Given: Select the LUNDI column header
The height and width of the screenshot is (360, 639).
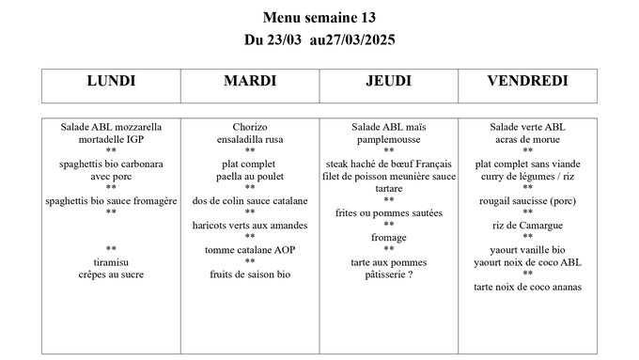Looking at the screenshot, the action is (111, 82).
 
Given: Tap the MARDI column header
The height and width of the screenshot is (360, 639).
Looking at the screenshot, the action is (249, 82).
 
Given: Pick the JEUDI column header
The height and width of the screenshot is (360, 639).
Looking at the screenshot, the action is (388, 82).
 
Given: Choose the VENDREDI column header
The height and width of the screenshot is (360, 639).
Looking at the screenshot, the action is (527, 82).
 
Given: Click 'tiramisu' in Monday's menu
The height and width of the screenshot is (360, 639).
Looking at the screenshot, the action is (111, 261).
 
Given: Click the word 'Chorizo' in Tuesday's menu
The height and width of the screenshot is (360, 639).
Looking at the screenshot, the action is (249, 126).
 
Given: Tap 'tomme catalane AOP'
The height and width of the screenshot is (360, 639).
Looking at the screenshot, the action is (249, 249).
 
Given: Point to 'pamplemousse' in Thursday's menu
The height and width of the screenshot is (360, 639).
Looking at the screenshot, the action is (388, 138).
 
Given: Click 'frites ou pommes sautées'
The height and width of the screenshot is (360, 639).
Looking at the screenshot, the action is (388, 212).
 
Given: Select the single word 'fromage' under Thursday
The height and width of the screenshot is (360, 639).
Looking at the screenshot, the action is (388, 237).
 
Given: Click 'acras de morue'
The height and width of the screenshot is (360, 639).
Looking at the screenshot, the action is (527, 138).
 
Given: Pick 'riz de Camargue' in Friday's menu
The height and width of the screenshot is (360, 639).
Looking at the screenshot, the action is (527, 225).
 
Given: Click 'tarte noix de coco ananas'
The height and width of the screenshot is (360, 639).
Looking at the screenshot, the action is (527, 286).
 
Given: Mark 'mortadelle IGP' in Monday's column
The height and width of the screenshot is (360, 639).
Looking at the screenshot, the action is (111, 138).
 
